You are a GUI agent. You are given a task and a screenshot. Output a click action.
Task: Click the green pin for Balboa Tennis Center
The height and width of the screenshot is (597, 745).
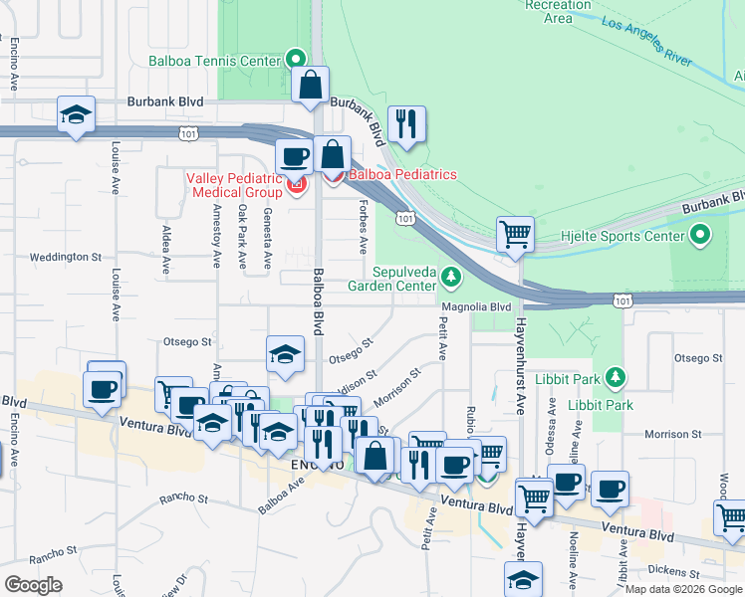pyautogui.click(x=295, y=60)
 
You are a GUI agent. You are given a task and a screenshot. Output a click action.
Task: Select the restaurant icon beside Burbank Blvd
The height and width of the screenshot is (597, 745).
pyautogui.click(x=406, y=123)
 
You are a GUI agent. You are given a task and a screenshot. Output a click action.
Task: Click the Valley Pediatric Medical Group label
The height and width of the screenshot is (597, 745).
pyautogui.click(x=234, y=185)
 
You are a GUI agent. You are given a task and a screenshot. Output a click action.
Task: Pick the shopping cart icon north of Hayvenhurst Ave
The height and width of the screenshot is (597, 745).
pyautogui.click(x=515, y=235)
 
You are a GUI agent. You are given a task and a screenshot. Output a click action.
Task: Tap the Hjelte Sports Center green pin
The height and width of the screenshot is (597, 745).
pyautogui.click(x=700, y=236)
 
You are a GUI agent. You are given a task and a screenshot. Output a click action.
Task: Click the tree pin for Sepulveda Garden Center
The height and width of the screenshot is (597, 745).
pyautogui.click(x=451, y=275)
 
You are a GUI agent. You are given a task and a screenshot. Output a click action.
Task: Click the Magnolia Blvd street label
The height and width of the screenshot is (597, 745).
pyautogui.click(x=477, y=307)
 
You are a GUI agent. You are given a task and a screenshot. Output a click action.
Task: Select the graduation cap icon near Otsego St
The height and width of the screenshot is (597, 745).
pyautogui.click(x=285, y=354)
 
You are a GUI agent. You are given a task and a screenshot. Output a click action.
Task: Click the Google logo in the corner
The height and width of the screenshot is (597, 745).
pyautogui.click(x=33, y=584)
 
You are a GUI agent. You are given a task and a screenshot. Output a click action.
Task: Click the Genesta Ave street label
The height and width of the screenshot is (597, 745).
pyautogui.click(x=267, y=239)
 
